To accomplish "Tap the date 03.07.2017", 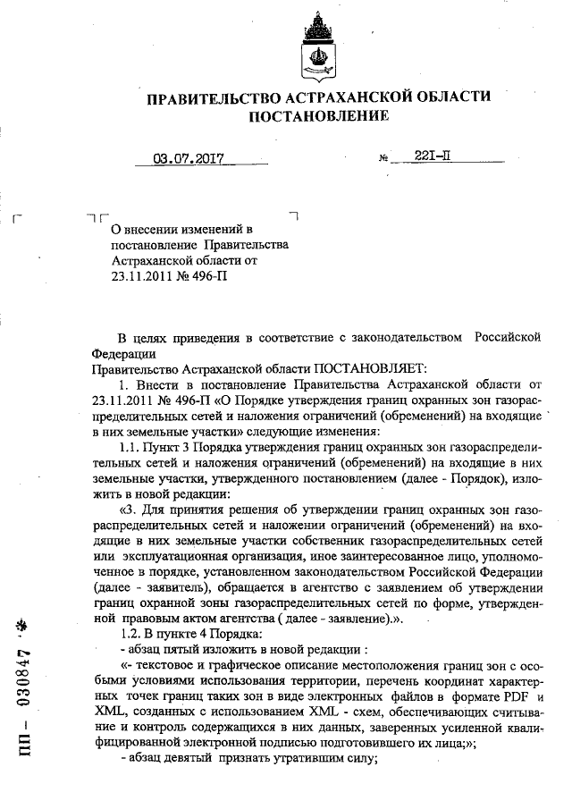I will tap(188, 161).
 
